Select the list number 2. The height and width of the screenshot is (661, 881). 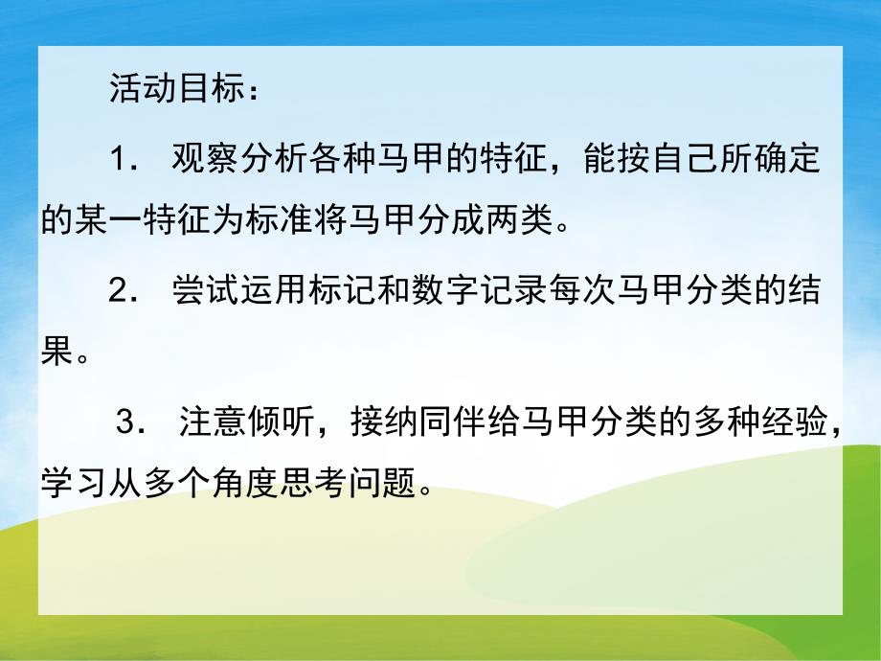pos(121,288)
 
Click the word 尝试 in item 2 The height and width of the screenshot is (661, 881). pos(204,288)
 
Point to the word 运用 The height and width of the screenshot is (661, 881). pos(270,288)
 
